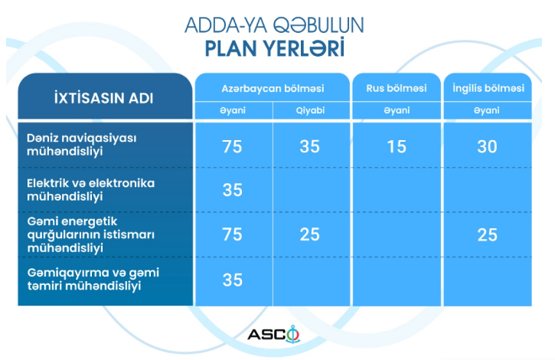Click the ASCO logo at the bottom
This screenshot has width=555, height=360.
[x=273, y=334]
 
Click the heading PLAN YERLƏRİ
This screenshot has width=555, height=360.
[x=275, y=48]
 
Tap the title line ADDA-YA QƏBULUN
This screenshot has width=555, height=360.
[x=274, y=25]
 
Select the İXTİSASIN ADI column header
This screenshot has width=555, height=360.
[x=103, y=98]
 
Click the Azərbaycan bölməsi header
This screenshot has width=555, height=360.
[x=273, y=88]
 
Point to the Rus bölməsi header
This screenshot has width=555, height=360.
[x=397, y=88]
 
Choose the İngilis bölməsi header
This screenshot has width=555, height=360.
[x=488, y=88]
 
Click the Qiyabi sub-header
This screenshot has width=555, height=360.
[x=311, y=110]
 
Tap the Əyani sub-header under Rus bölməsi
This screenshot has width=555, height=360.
[x=397, y=110]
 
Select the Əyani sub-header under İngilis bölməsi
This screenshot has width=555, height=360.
[x=487, y=110]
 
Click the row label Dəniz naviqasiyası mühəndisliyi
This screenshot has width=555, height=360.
[x=82, y=145]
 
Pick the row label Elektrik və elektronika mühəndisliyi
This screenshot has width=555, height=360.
[x=91, y=189]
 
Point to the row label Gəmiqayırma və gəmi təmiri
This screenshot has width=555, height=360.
[x=93, y=280]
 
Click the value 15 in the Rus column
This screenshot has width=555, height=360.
[x=397, y=146]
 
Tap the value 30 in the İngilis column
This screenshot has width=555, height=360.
[x=487, y=146]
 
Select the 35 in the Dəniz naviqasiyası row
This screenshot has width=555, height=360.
[x=310, y=146]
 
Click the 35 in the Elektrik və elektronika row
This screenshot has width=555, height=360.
[x=233, y=190]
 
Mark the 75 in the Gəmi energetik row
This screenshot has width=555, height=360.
[x=232, y=234]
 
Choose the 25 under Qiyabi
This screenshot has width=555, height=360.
[x=310, y=234]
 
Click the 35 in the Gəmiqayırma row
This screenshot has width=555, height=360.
[x=233, y=280]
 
